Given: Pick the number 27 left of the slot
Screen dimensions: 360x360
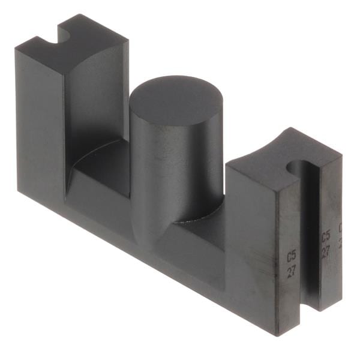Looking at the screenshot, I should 291,271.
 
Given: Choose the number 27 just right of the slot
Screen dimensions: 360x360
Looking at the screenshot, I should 326,250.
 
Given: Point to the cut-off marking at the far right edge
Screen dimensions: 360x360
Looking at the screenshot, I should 340,235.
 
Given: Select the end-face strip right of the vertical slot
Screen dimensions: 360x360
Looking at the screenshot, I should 330,264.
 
